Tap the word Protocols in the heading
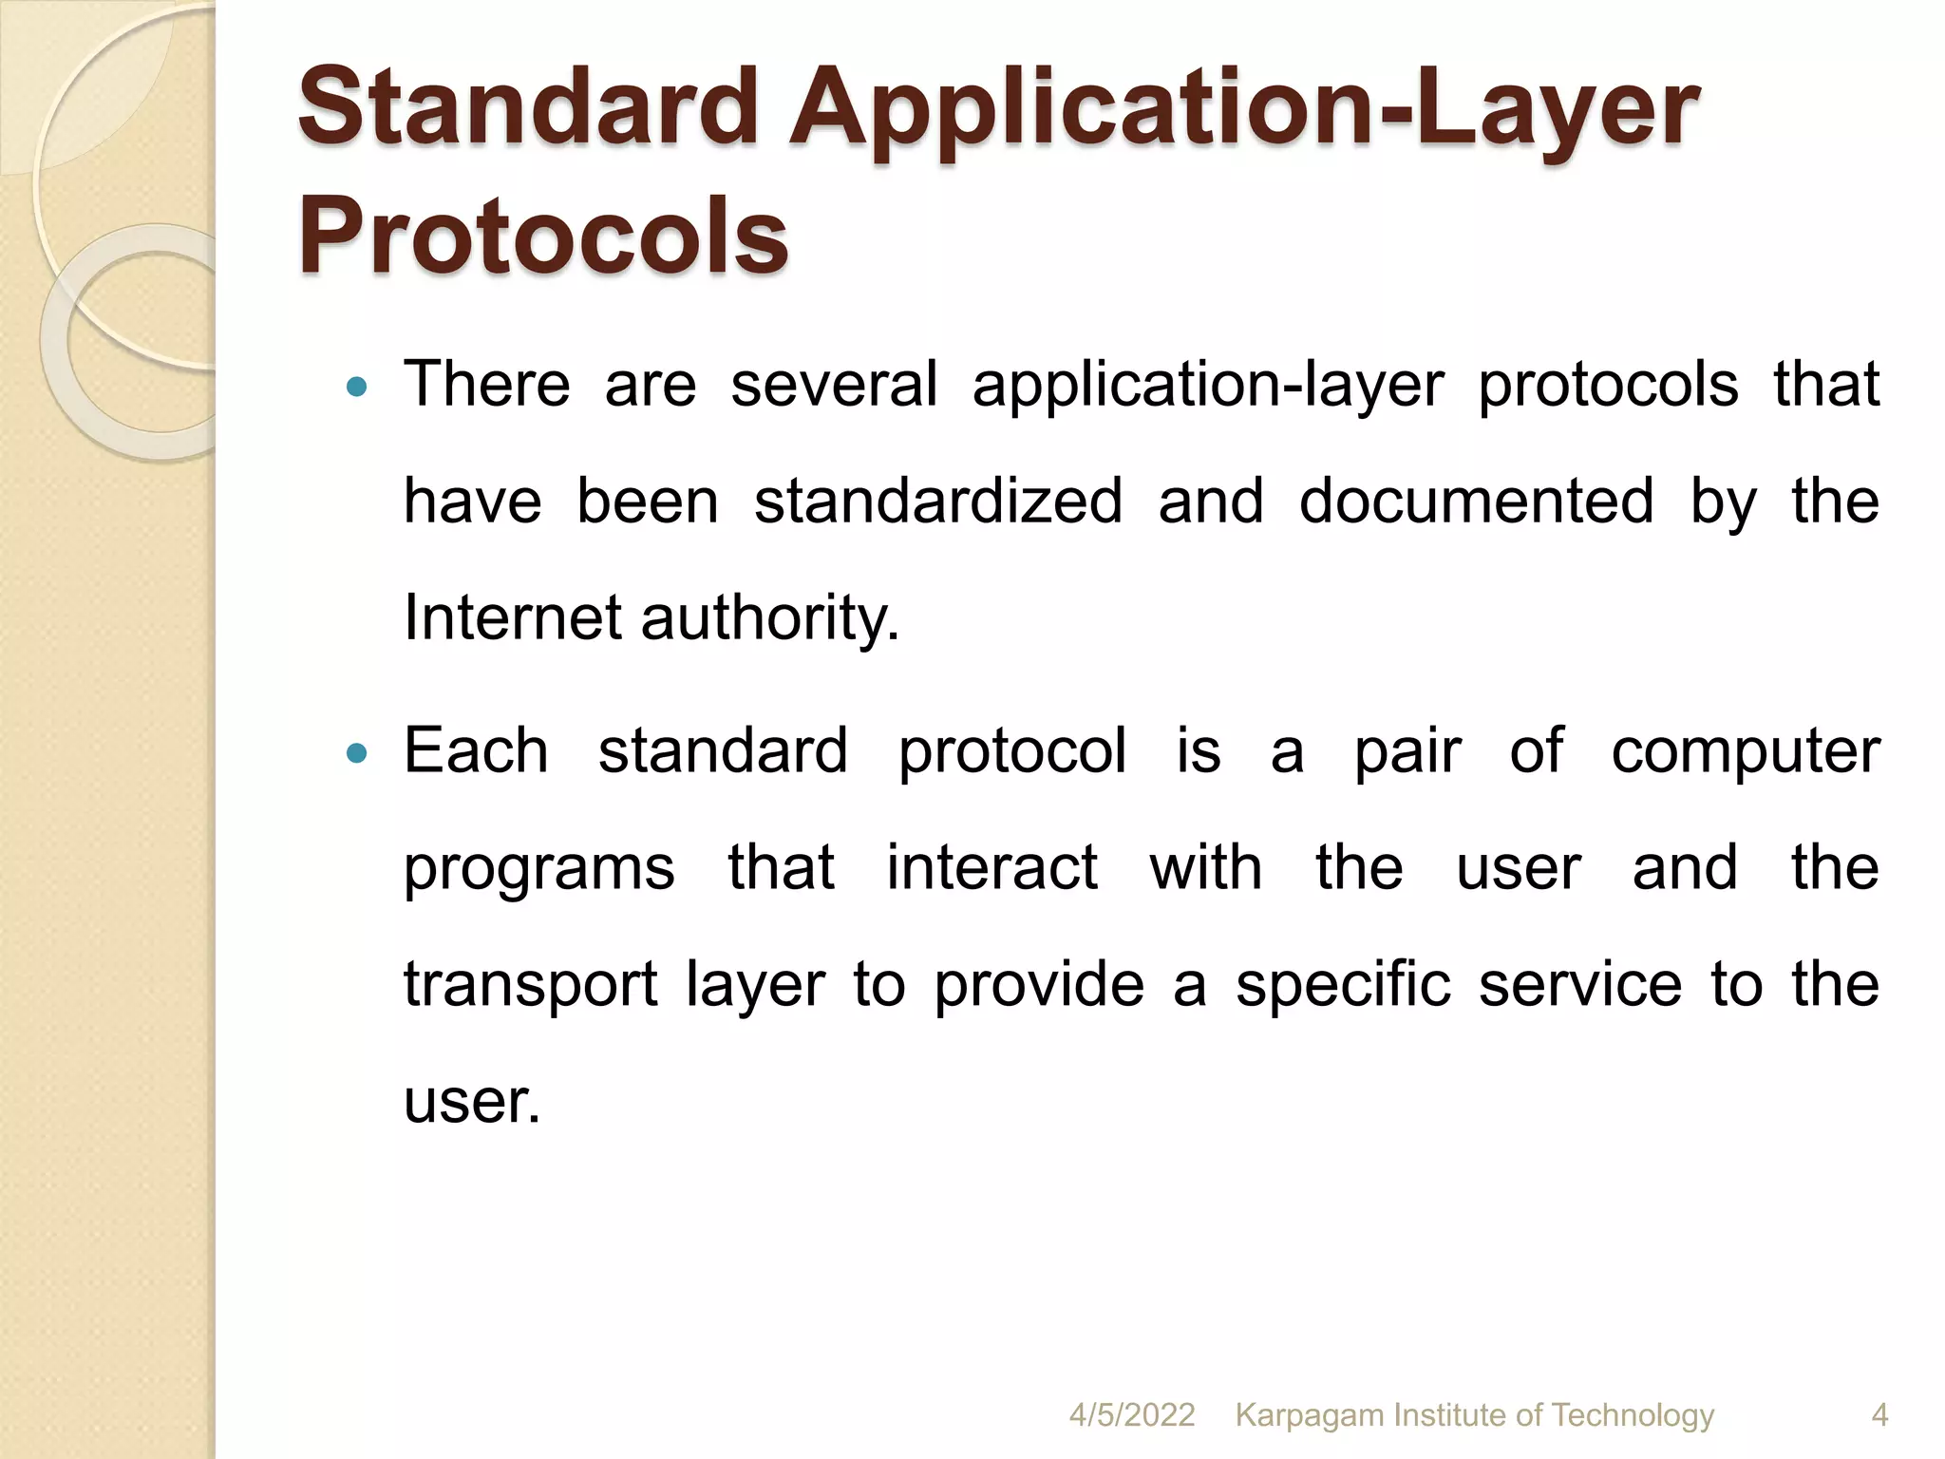tap(543, 235)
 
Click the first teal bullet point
tap(357, 387)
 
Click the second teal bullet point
tap(357, 753)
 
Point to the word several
tap(834, 385)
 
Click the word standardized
tap(938, 502)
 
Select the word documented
tap(1476, 502)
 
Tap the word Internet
tap(513, 618)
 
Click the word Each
tap(477, 751)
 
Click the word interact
tap(991, 868)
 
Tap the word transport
tap(530, 986)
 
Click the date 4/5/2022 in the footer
tap(1132, 1414)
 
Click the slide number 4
tap(1879, 1414)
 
